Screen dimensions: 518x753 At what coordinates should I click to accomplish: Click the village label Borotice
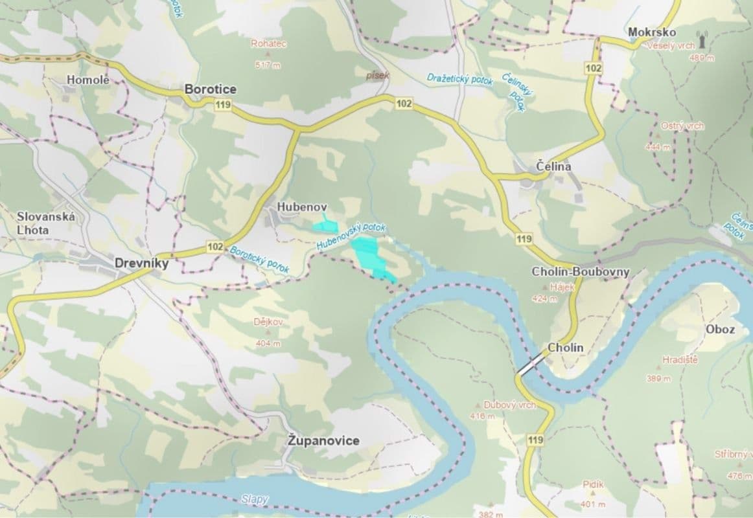click(210, 89)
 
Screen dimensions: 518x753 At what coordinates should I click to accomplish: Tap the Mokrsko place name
click(652, 32)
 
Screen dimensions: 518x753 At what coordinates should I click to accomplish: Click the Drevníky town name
click(141, 264)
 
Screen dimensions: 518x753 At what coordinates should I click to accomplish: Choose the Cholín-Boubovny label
click(580, 272)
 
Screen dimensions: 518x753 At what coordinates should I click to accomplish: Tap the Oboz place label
click(720, 329)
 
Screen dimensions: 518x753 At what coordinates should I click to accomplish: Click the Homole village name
click(88, 80)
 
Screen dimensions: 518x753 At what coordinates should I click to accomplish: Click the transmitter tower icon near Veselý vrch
click(701, 39)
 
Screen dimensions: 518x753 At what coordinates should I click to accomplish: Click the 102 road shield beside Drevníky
click(216, 247)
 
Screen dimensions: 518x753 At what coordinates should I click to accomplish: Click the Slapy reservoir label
click(254, 499)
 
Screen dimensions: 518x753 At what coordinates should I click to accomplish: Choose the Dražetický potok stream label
click(460, 79)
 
